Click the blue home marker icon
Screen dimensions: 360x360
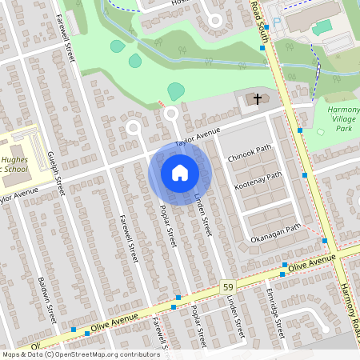(x=179, y=173)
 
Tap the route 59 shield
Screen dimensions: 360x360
(x=227, y=286)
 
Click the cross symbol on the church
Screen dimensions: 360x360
(x=258, y=99)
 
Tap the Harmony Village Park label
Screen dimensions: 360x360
(x=344, y=118)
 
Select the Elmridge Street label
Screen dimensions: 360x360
(x=276, y=318)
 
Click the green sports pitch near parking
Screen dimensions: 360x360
(x=322, y=27)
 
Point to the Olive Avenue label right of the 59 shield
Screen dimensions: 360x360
(x=311, y=264)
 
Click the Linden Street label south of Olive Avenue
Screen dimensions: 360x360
(x=233, y=315)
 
